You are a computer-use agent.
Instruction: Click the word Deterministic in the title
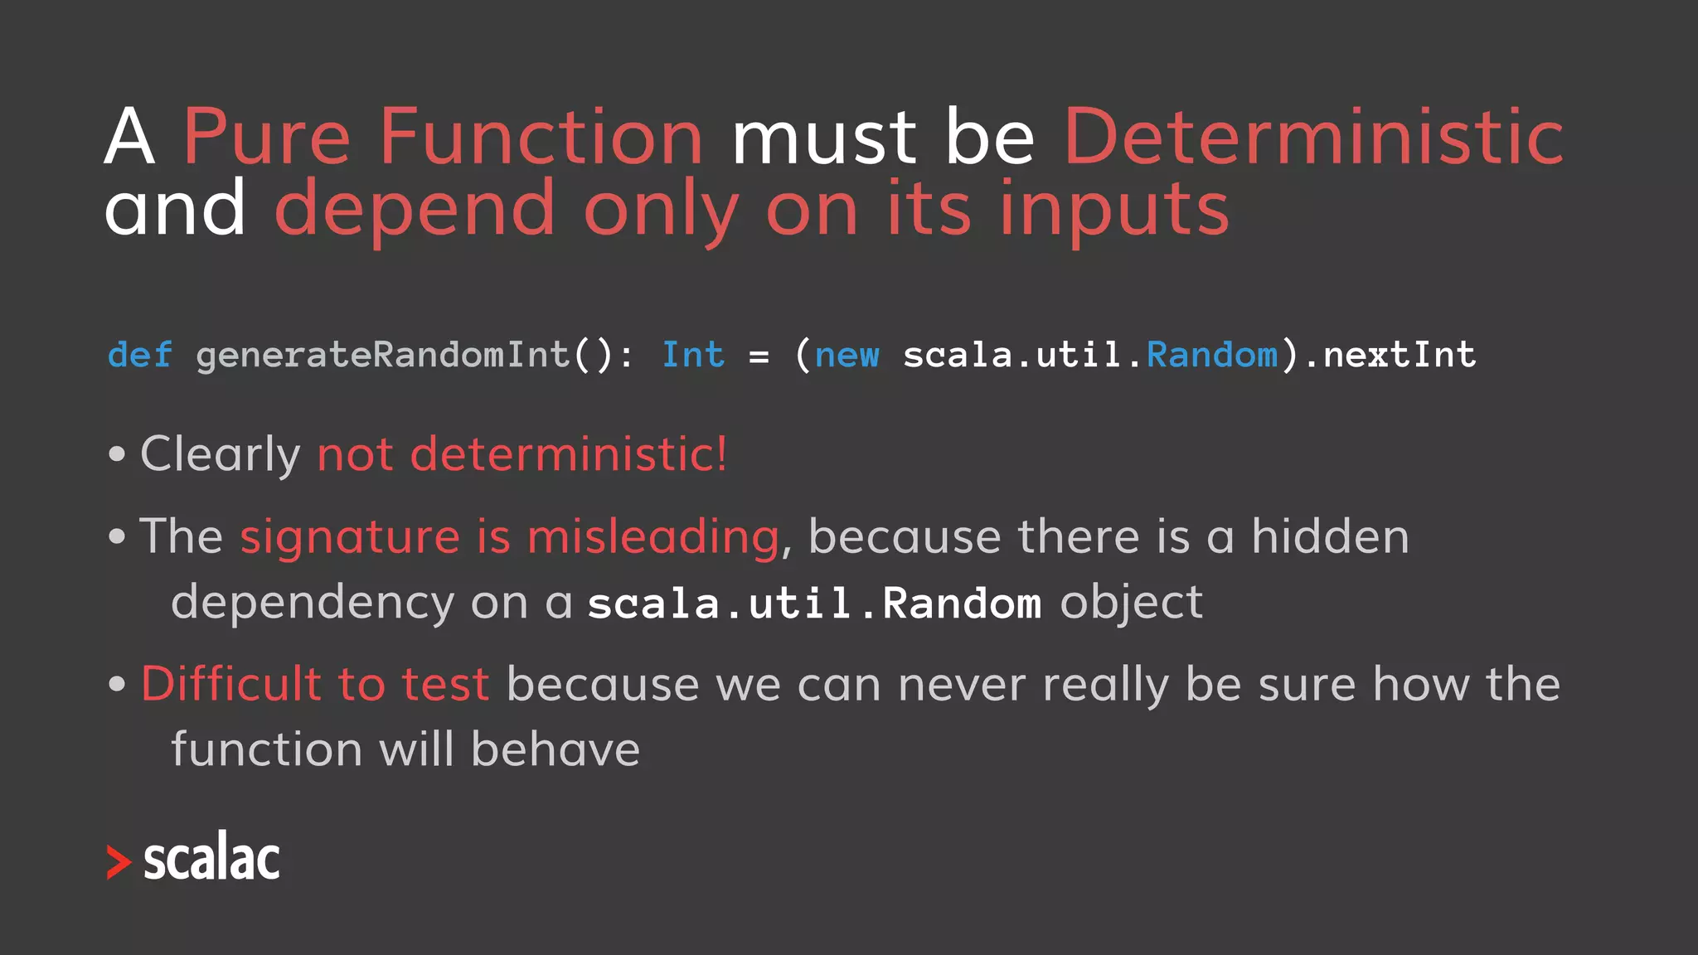1313,137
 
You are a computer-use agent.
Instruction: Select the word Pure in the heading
266,137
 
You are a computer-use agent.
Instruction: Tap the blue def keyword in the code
139,355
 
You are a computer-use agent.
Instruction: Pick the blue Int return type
692,355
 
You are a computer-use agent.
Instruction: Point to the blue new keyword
847,355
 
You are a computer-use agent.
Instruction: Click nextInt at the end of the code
1399,355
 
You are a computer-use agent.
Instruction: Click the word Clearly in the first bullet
220,454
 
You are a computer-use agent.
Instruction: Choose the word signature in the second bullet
349,537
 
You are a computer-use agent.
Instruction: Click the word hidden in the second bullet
1329,536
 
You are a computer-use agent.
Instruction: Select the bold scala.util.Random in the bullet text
813,603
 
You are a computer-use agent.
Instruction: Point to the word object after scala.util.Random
1131,603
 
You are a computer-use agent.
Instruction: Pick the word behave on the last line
555,749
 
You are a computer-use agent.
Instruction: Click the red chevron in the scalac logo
119,862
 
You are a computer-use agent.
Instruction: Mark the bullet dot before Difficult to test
117,685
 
